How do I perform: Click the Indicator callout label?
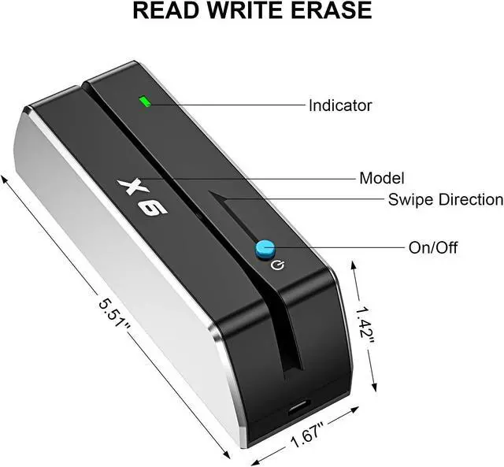(x=339, y=105)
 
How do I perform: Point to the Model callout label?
(x=381, y=177)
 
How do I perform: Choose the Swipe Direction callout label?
(x=445, y=199)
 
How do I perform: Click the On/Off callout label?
(x=432, y=247)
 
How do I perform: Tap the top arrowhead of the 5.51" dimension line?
(x=6, y=178)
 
